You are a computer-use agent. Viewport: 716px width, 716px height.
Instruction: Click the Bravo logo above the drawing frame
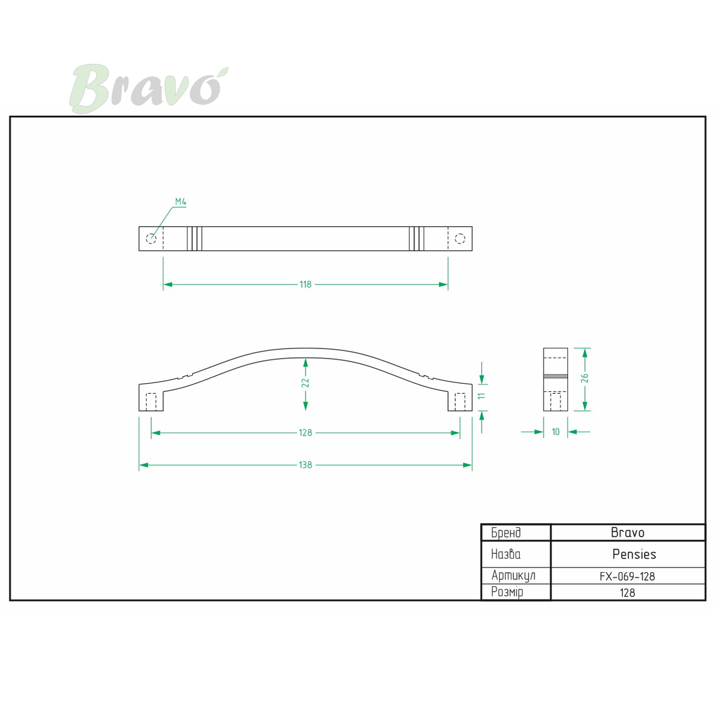point(149,88)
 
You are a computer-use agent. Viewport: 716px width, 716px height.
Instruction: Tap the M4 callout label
point(181,202)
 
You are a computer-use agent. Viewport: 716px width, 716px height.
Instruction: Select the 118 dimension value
point(305,284)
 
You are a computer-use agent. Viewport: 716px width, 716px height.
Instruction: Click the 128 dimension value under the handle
point(305,433)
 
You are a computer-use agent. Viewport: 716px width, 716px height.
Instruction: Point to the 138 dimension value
point(305,465)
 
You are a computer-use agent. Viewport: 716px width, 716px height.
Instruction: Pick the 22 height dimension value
point(305,382)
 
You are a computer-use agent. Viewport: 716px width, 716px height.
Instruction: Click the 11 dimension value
point(482,396)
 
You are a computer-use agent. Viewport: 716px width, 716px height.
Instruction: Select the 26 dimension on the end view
point(585,378)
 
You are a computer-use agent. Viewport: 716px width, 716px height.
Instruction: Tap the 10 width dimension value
point(555,431)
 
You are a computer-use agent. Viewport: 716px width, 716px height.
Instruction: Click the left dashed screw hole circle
point(151,238)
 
